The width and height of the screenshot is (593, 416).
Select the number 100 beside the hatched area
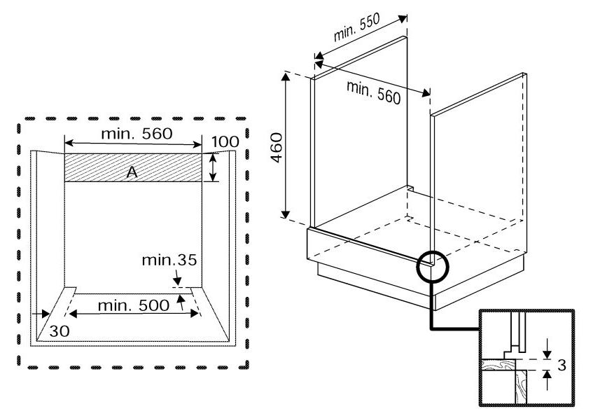coord(225,142)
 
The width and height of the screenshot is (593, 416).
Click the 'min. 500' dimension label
coord(133,305)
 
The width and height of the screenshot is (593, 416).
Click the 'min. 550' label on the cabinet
coord(356,28)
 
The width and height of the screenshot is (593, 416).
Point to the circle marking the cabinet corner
coord(431,265)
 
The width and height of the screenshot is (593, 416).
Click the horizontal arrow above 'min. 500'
coord(133,314)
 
